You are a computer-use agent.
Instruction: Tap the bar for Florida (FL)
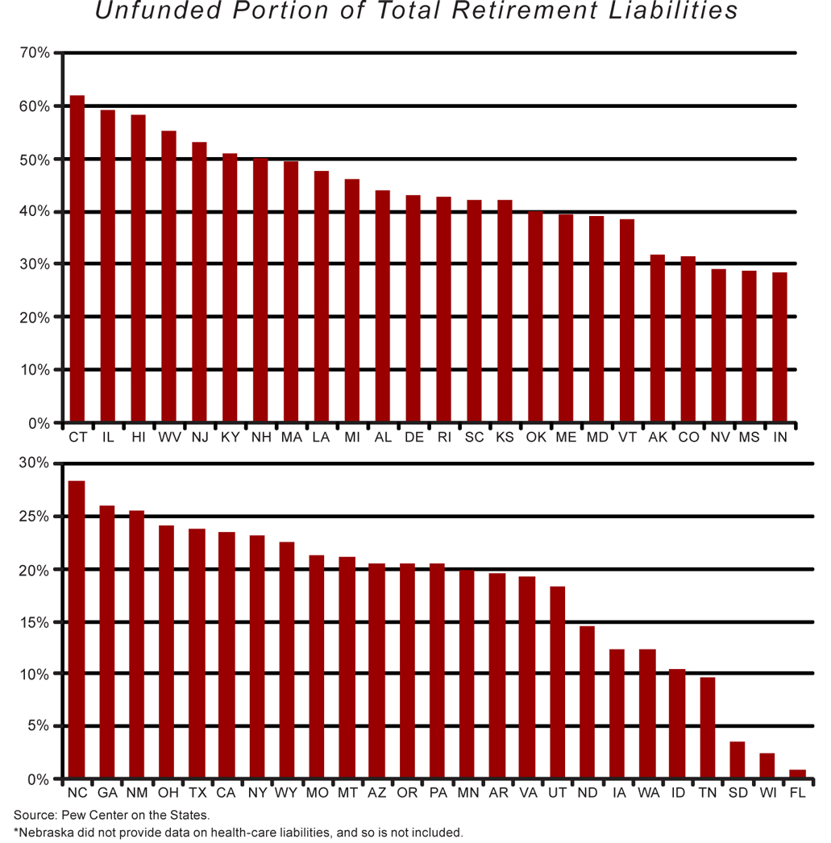797,774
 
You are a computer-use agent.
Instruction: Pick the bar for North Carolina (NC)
77,629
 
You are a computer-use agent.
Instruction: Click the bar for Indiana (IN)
779,347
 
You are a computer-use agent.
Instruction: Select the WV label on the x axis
169,437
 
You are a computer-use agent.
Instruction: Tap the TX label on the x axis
197,794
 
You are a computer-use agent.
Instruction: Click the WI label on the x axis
767,794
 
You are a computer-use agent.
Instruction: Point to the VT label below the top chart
627,437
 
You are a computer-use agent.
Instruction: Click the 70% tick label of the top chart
35,54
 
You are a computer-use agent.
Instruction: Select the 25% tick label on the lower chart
35,517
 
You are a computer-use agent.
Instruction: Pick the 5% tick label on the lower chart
39,726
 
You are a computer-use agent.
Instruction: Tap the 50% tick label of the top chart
35,160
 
